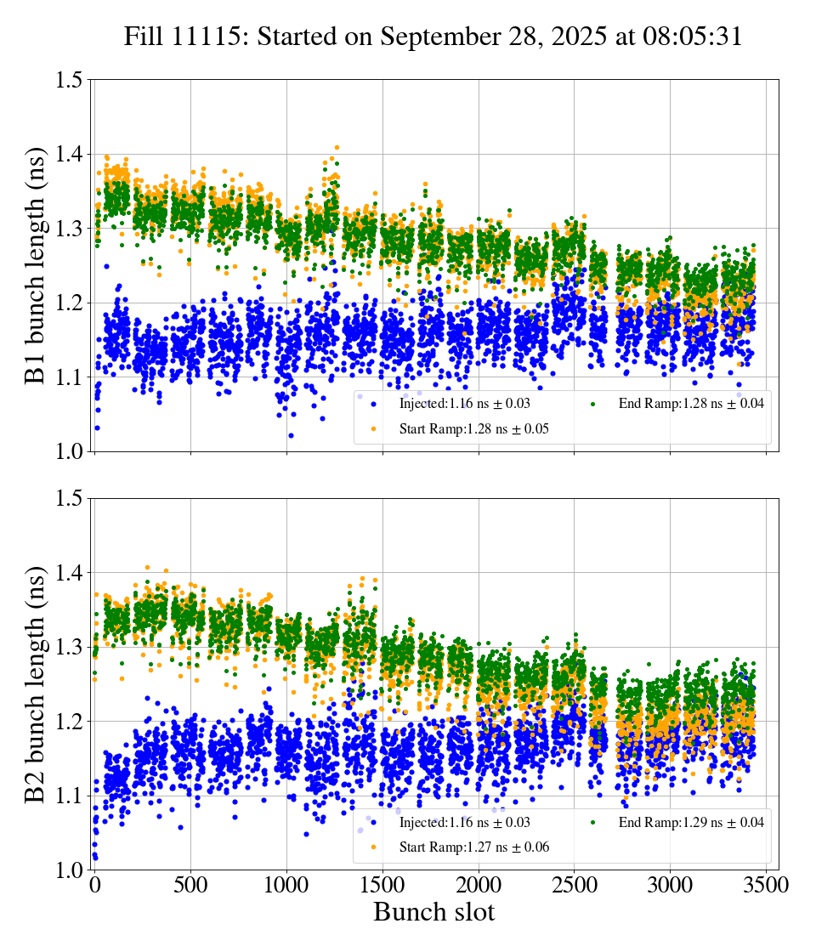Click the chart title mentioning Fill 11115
433,37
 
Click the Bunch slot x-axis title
433,913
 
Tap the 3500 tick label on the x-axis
766,886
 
